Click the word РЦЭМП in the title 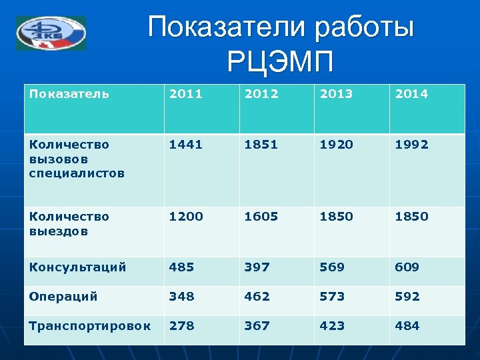pos(280,64)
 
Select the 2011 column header pos(187,94)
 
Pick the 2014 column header pos(411,94)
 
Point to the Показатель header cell pos(69,94)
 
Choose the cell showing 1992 pos(411,144)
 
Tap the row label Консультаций pos(77,267)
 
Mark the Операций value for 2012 pos(257,296)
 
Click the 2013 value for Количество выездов pos(336,217)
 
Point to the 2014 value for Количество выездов pos(411,217)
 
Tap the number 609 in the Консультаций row pos(407,267)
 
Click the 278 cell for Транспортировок pos(182,325)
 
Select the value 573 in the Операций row pos(331,296)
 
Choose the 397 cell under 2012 pos(257,267)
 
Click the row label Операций pos(63,296)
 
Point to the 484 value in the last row pos(407,325)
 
